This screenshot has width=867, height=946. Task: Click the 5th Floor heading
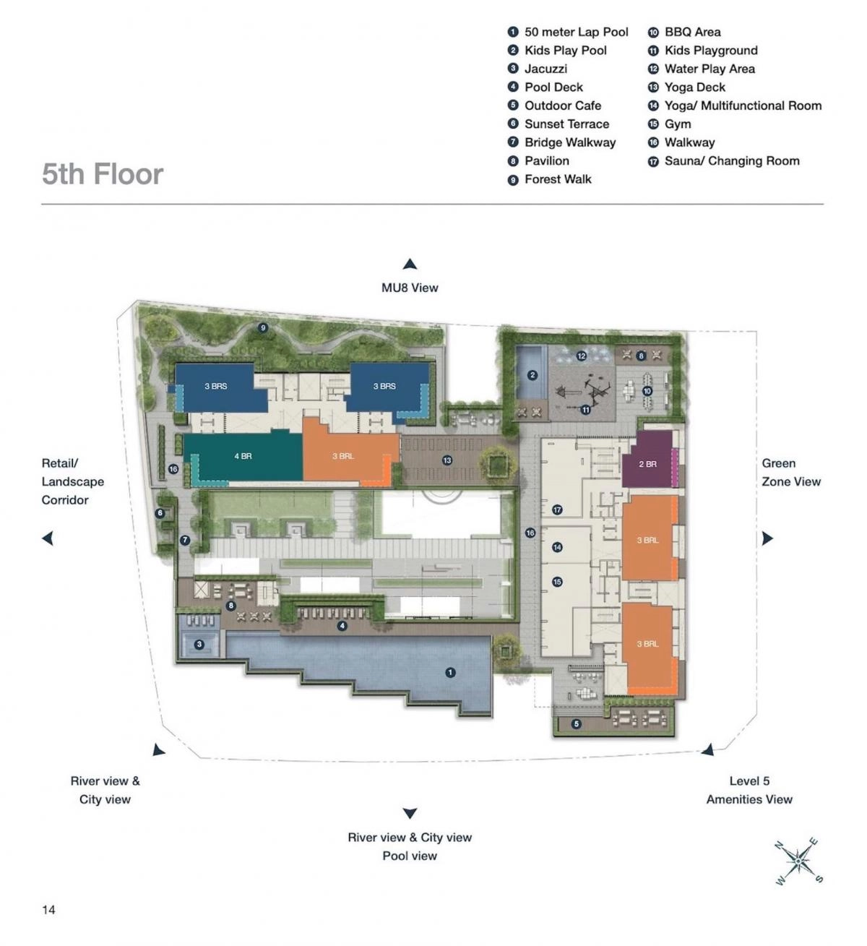tap(103, 174)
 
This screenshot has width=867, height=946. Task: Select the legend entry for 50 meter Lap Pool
tap(568, 32)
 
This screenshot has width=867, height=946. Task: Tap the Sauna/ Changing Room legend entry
tap(724, 160)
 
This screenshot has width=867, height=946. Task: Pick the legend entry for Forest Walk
tap(550, 179)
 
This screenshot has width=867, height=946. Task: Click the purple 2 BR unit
tap(647, 463)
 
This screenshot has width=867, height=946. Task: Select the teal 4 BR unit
tap(243, 457)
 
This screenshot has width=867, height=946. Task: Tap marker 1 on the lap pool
tap(450, 673)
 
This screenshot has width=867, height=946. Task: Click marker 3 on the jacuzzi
tap(199, 644)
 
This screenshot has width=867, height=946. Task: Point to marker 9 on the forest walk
tap(263, 328)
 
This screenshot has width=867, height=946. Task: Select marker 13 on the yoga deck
tap(447, 460)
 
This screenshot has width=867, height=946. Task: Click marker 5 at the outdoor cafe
tap(576, 724)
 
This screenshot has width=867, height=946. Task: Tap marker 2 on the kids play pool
tap(532, 375)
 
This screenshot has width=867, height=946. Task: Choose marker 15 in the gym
tap(557, 582)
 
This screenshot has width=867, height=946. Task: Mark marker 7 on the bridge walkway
tap(185, 540)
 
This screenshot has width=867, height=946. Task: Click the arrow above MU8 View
tap(410, 265)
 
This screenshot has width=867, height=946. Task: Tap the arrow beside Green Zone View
tap(767, 538)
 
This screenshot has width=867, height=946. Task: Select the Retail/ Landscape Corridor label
tap(72, 481)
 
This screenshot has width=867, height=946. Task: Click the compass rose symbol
tap(798, 861)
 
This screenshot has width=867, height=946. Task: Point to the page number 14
tap(48, 909)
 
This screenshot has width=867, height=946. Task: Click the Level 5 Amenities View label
tap(749, 790)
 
